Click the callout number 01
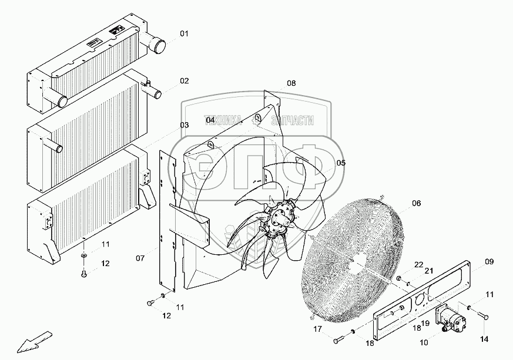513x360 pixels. (185, 34)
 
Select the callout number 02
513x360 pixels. (185, 81)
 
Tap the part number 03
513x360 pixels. (185, 125)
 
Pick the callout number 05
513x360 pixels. (340, 163)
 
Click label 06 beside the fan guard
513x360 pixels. (416, 204)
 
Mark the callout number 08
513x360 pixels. (291, 83)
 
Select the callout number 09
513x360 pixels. (488, 262)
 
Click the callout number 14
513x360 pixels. (485, 339)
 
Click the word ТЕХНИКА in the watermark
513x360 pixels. (223, 120)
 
